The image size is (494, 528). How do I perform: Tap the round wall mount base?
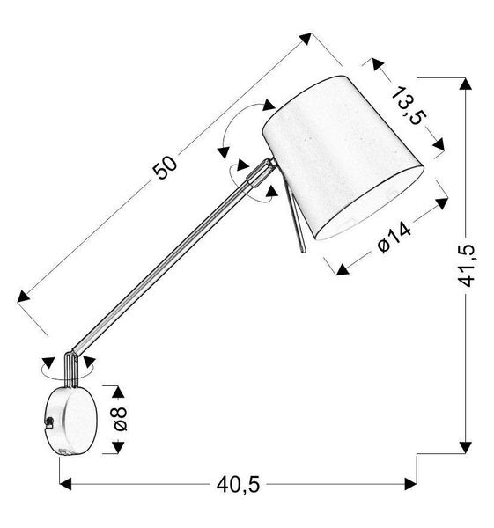[x=69, y=419]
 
